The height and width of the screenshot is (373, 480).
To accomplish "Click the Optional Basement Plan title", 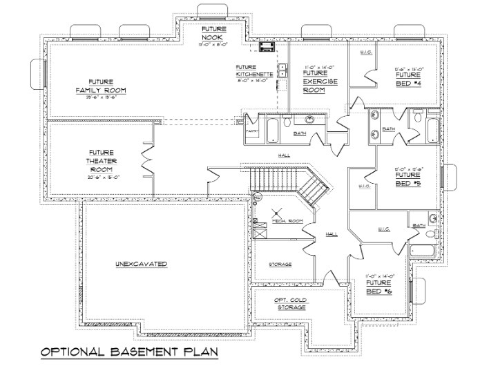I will coord(129,352).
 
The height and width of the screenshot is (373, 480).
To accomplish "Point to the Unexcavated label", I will coord(142,265).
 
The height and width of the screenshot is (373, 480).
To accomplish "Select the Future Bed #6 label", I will coord(379,287).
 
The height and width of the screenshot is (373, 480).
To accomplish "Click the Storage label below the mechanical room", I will coord(280,265).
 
